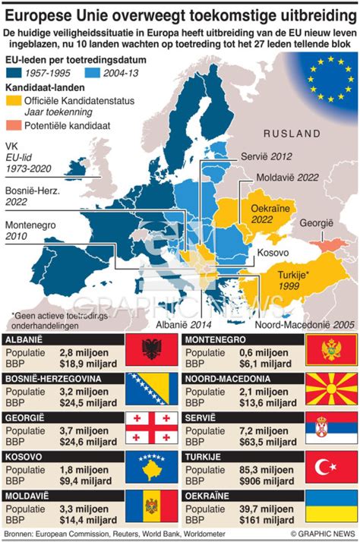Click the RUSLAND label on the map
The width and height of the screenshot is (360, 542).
(292, 134)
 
